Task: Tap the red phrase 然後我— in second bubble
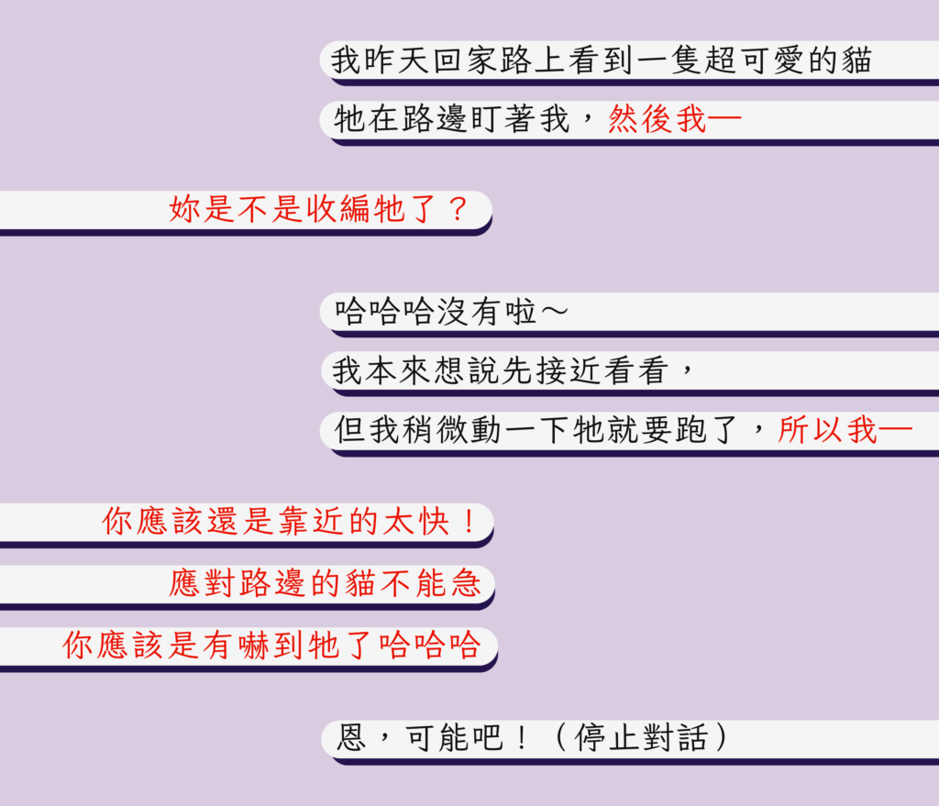pos(674,120)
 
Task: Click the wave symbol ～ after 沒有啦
pos(554,313)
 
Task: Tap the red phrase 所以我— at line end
pos(844,430)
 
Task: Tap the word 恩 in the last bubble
pos(351,738)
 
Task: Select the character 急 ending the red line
pos(468,583)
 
